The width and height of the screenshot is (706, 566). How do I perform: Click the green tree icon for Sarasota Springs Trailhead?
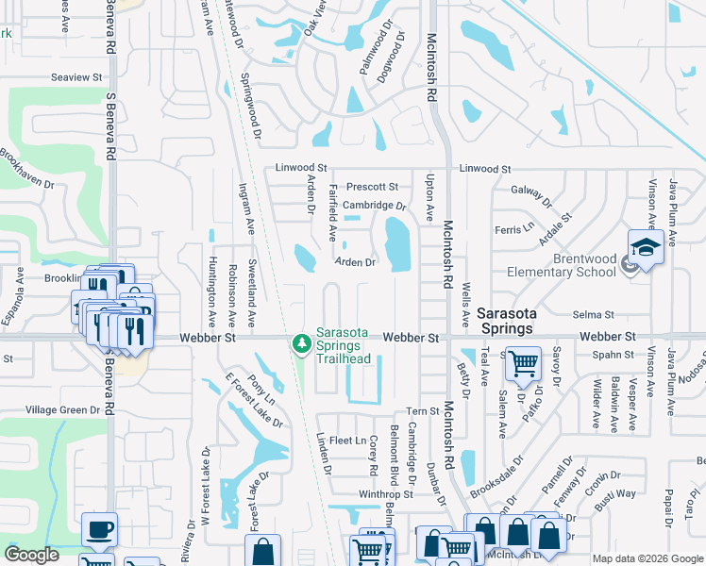pos(302,344)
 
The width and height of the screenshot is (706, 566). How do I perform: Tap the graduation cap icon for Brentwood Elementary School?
pos(647,246)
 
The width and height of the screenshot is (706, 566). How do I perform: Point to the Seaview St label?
pos(76,76)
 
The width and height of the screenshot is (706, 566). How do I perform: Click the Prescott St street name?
pos(372,187)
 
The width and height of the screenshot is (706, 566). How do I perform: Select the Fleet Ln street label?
pos(347,441)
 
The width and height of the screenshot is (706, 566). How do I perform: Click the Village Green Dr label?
pos(62,409)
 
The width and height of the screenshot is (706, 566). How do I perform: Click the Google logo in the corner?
pos(31,555)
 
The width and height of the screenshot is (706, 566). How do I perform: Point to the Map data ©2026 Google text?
pos(647,558)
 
